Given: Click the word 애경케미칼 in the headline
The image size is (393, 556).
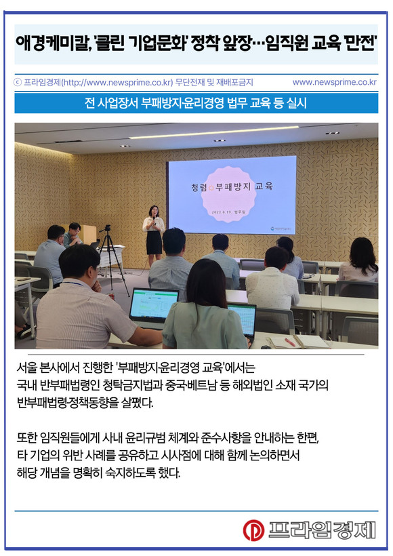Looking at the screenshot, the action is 53,44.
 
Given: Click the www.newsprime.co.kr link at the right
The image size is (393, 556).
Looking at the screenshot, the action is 334,82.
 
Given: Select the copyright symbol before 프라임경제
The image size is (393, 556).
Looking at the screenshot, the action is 18,83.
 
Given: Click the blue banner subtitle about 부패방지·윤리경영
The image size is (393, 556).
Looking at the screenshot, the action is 196,103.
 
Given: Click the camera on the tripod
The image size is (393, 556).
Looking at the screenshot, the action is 107,228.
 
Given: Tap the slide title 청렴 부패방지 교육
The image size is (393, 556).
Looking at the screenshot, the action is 232,186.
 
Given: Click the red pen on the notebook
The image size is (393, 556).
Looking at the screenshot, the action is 290,342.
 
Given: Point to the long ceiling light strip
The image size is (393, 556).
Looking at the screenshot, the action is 214,132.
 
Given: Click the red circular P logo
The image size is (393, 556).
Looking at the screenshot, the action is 253,530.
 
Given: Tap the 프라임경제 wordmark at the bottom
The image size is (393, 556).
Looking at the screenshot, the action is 321,530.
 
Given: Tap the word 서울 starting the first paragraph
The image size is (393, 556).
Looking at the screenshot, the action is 26,368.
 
